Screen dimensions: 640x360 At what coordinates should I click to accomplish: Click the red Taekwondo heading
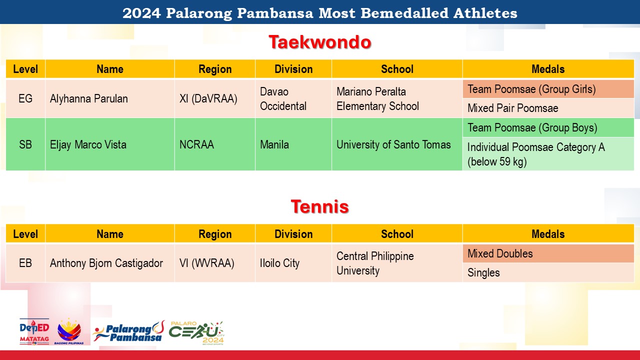[x=319, y=42]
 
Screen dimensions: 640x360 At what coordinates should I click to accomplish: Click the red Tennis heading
[x=319, y=206]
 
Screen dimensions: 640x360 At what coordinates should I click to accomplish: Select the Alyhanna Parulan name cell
[x=110, y=98]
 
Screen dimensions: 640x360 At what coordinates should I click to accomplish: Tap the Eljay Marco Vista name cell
[x=110, y=144]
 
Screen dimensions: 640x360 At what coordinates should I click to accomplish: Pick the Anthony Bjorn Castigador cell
[x=110, y=263]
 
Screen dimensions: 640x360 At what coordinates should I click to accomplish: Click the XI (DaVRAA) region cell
[x=215, y=98]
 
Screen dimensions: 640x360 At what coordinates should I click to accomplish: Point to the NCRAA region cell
[x=215, y=144]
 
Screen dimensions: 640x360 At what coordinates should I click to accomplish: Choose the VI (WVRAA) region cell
[x=215, y=263]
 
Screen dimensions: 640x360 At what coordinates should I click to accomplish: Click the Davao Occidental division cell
[x=293, y=98]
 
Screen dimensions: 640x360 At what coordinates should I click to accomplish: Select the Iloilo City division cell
[x=293, y=263]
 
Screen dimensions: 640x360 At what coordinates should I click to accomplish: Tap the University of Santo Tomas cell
[x=397, y=144]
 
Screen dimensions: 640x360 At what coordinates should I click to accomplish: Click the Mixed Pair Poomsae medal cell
[x=548, y=108]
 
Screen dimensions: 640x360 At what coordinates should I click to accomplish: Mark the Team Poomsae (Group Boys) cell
[x=548, y=127]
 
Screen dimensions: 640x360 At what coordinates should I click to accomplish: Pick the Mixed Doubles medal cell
[x=548, y=253]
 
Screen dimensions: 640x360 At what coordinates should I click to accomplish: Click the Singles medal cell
[x=548, y=272]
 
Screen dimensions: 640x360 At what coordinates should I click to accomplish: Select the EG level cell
[x=25, y=98]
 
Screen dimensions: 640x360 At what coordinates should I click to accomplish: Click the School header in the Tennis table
[x=397, y=233]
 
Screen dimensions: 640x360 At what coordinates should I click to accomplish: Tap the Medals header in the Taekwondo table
[x=548, y=69]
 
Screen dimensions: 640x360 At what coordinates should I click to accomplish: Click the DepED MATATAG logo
[x=34, y=331]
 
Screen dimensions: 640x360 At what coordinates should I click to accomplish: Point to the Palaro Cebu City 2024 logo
[x=197, y=333]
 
